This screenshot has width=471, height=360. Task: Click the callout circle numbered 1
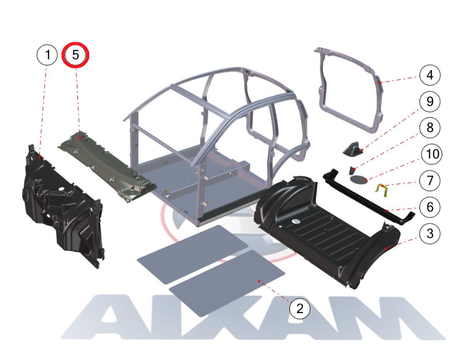pyautogui.click(x=47, y=55)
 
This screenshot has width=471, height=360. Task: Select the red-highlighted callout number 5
pyautogui.click(x=75, y=55)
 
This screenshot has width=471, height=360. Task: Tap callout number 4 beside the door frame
pyautogui.click(x=430, y=75)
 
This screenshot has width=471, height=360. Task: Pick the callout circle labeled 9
pyautogui.click(x=430, y=101)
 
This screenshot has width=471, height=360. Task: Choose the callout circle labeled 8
pyautogui.click(x=430, y=128)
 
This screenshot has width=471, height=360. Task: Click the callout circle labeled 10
pyautogui.click(x=432, y=154)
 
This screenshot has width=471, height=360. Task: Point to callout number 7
pyautogui.click(x=430, y=180)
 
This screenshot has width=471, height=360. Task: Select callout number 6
pyautogui.click(x=430, y=207)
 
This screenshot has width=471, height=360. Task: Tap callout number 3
pyautogui.click(x=430, y=233)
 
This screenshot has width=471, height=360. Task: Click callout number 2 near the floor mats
pyautogui.click(x=300, y=308)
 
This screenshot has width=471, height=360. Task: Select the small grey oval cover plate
pyautogui.click(x=359, y=180)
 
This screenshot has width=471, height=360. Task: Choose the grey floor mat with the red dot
pyautogui.click(x=227, y=283)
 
